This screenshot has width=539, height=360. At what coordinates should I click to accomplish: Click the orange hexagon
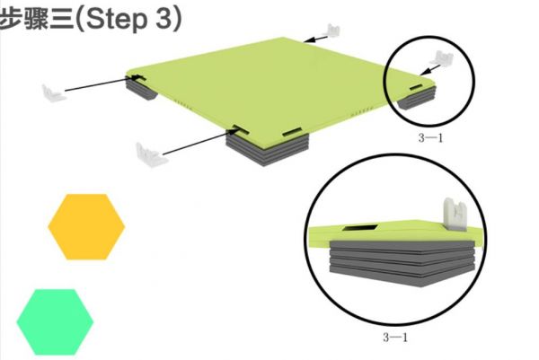86,227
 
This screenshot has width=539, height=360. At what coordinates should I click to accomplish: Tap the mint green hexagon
55,322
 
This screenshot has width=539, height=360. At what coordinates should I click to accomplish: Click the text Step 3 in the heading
133,19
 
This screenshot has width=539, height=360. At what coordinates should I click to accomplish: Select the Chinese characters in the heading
37,19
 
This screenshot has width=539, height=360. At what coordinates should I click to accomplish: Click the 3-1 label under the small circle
430,138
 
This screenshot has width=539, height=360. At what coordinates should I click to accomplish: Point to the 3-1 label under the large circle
395,338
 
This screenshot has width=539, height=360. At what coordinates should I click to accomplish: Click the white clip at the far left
53,92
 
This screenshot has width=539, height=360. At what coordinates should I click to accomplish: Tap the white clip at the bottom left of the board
150,154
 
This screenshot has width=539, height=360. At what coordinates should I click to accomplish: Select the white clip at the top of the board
332,31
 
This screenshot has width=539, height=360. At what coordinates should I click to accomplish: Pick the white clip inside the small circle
442,58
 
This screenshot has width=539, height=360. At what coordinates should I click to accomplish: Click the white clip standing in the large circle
455,214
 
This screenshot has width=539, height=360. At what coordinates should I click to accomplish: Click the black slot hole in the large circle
360,228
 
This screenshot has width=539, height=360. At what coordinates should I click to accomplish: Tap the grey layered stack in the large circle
402,263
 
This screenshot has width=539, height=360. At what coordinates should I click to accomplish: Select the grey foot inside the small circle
417,98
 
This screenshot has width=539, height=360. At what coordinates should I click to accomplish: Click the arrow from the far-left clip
103,83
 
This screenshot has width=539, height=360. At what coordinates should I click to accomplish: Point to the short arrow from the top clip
315,39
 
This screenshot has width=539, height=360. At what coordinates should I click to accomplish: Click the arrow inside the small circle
430,70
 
